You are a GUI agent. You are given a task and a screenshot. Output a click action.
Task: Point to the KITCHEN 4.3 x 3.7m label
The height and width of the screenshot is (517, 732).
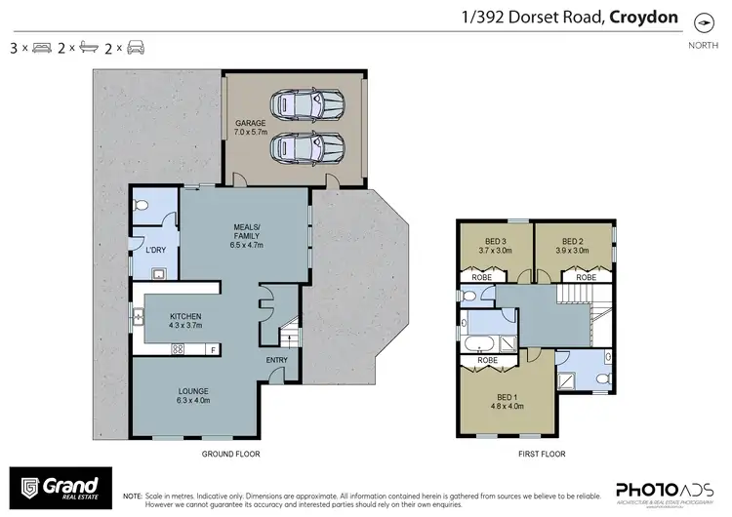point(185,321)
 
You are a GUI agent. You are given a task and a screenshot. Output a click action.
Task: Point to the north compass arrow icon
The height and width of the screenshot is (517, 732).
point(702,21)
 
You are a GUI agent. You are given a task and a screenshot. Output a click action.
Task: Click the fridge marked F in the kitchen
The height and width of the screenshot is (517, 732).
point(212,349)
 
